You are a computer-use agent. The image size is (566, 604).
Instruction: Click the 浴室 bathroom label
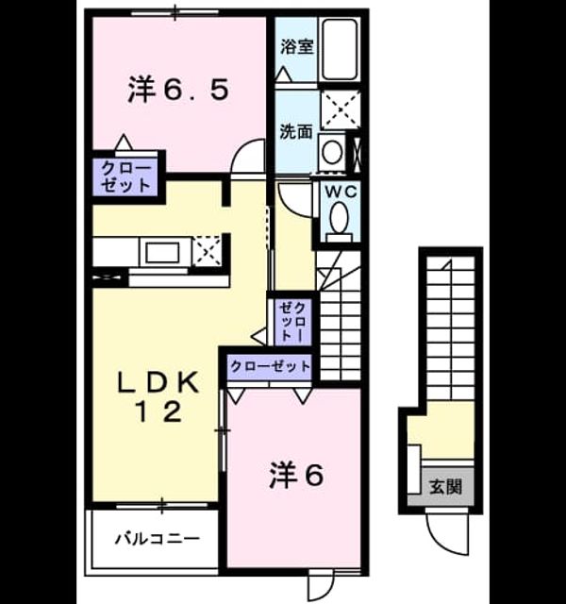(296, 47)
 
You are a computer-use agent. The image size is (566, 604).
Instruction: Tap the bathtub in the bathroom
(340, 49)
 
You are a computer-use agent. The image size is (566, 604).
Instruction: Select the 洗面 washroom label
(295, 132)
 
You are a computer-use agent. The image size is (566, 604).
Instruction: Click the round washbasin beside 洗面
(333, 152)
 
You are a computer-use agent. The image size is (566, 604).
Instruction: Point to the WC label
(341, 192)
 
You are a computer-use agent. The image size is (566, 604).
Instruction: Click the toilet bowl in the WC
(340, 218)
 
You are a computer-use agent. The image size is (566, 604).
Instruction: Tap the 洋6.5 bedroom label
(178, 90)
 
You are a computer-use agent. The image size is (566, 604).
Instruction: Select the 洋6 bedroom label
(296, 475)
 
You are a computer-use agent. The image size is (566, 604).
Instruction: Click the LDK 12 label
(158, 396)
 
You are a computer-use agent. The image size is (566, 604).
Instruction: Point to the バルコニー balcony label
(158, 538)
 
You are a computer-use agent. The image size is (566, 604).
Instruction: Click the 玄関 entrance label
(445, 487)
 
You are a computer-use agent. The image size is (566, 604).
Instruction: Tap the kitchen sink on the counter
(162, 253)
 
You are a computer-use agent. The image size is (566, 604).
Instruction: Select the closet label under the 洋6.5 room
(125, 176)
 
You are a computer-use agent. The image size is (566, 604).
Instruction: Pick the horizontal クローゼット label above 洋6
(271, 366)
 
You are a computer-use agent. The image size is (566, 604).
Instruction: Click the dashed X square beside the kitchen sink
(208, 251)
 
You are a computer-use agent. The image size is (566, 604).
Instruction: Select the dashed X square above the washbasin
(341, 110)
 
